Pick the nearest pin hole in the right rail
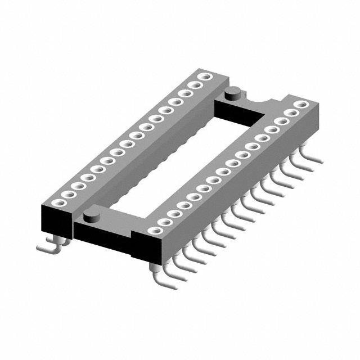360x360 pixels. [x=152, y=230]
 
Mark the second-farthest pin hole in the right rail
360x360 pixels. [x=291, y=112]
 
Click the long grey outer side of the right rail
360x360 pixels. [x=236, y=191]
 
